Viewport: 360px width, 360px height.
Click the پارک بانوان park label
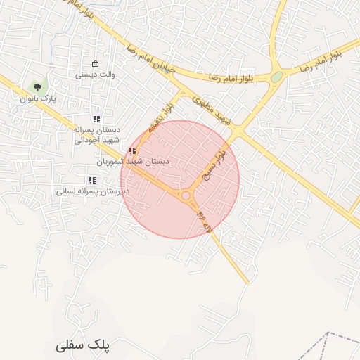pyautogui.click(x=38, y=99)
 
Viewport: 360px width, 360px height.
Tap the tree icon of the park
pyautogui.click(x=37, y=87)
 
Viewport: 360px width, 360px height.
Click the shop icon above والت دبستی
pyautogui.click(x=96, y=63)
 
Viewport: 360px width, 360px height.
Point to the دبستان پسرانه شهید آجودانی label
pyautogui.click(x=98, y=135)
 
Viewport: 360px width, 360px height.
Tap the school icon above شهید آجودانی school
pyautogui.click(x=96, y=120)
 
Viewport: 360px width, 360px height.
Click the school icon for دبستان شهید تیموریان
pyautogui.click(x=132, y=150)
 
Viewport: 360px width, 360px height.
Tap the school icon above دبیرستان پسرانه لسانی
pyautogui.click(x=92, y=180)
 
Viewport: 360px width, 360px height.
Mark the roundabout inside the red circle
pyautogui.click(x=187, y=196)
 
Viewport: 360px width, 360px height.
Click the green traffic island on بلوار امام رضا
pyautogui.click(x=276, y=77)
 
